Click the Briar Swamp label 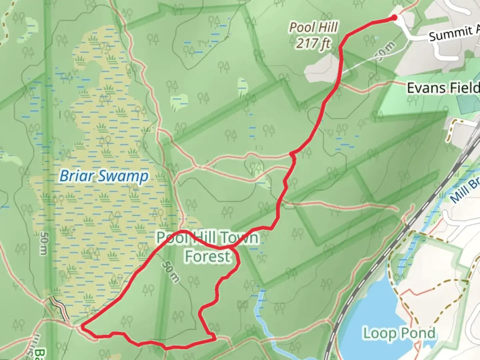(x=104, y=176)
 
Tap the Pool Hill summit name (x=313, y=27)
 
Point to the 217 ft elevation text (x=313, y=43)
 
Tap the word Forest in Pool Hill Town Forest (x=207, y=256)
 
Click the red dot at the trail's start (x=394, y=18)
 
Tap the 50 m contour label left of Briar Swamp (x=43, y=243)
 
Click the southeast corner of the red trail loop (x=215, y=339)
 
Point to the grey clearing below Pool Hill (x=322, y=67)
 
